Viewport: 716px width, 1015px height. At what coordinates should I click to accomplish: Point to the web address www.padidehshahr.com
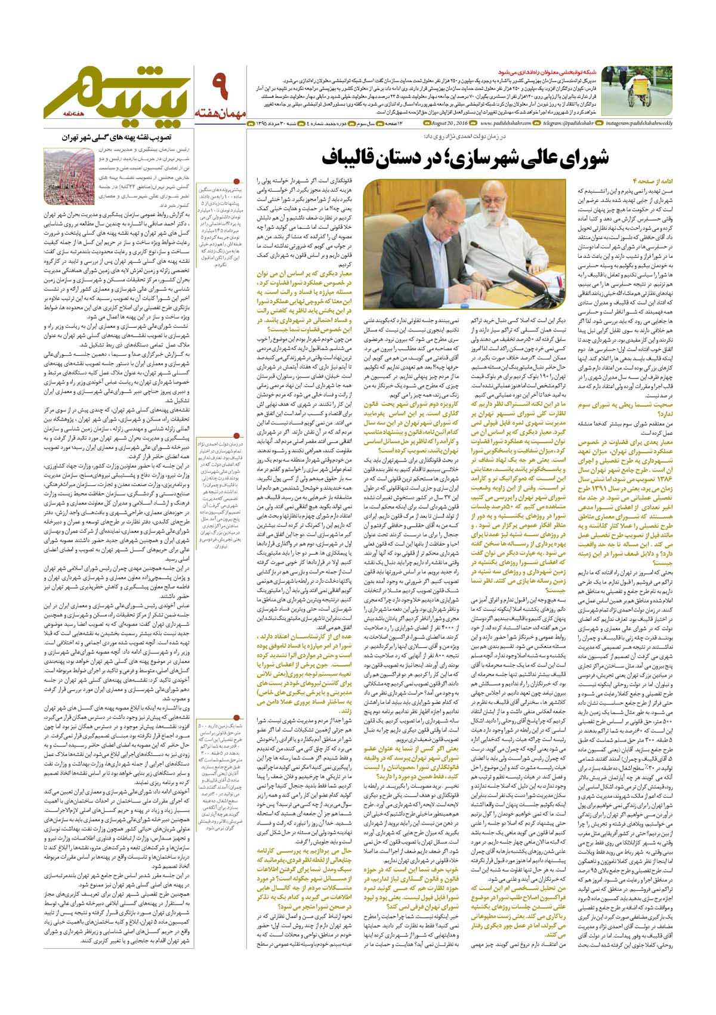click(x=505, y=124)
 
